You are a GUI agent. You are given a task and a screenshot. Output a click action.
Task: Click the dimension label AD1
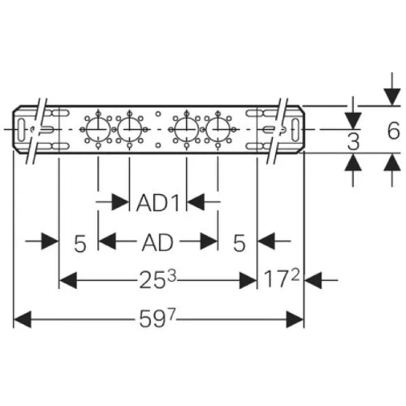click(158, 203)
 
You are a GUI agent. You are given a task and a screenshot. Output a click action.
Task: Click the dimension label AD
click(158, 243)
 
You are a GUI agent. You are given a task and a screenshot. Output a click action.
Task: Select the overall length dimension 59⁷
click(158, 318)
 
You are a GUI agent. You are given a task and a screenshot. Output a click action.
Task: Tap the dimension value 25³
click(158, 279)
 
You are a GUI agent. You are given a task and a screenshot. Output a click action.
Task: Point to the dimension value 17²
click(282, 279)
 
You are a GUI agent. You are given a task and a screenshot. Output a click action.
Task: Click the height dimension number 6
click(394, 131)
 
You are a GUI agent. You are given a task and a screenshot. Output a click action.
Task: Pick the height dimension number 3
click(353, 141)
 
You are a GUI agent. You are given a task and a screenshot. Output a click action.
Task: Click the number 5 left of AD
click(80, 244)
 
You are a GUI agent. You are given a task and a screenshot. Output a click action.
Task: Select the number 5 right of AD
click(240, 243)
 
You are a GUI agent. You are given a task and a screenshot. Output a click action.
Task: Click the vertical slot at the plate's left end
click(21, 130)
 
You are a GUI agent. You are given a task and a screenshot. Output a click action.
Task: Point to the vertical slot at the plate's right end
click(296, 130)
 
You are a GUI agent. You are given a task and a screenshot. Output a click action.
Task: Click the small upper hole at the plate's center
click(158, 114)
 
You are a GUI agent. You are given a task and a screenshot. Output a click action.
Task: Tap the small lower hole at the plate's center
click(158, 145)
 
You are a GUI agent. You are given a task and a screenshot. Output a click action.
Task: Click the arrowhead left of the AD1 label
click(120, 201)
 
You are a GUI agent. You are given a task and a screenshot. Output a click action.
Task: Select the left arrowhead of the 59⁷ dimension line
click(23, 319)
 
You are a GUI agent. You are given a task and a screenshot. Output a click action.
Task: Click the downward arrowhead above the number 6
click(392, 97)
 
